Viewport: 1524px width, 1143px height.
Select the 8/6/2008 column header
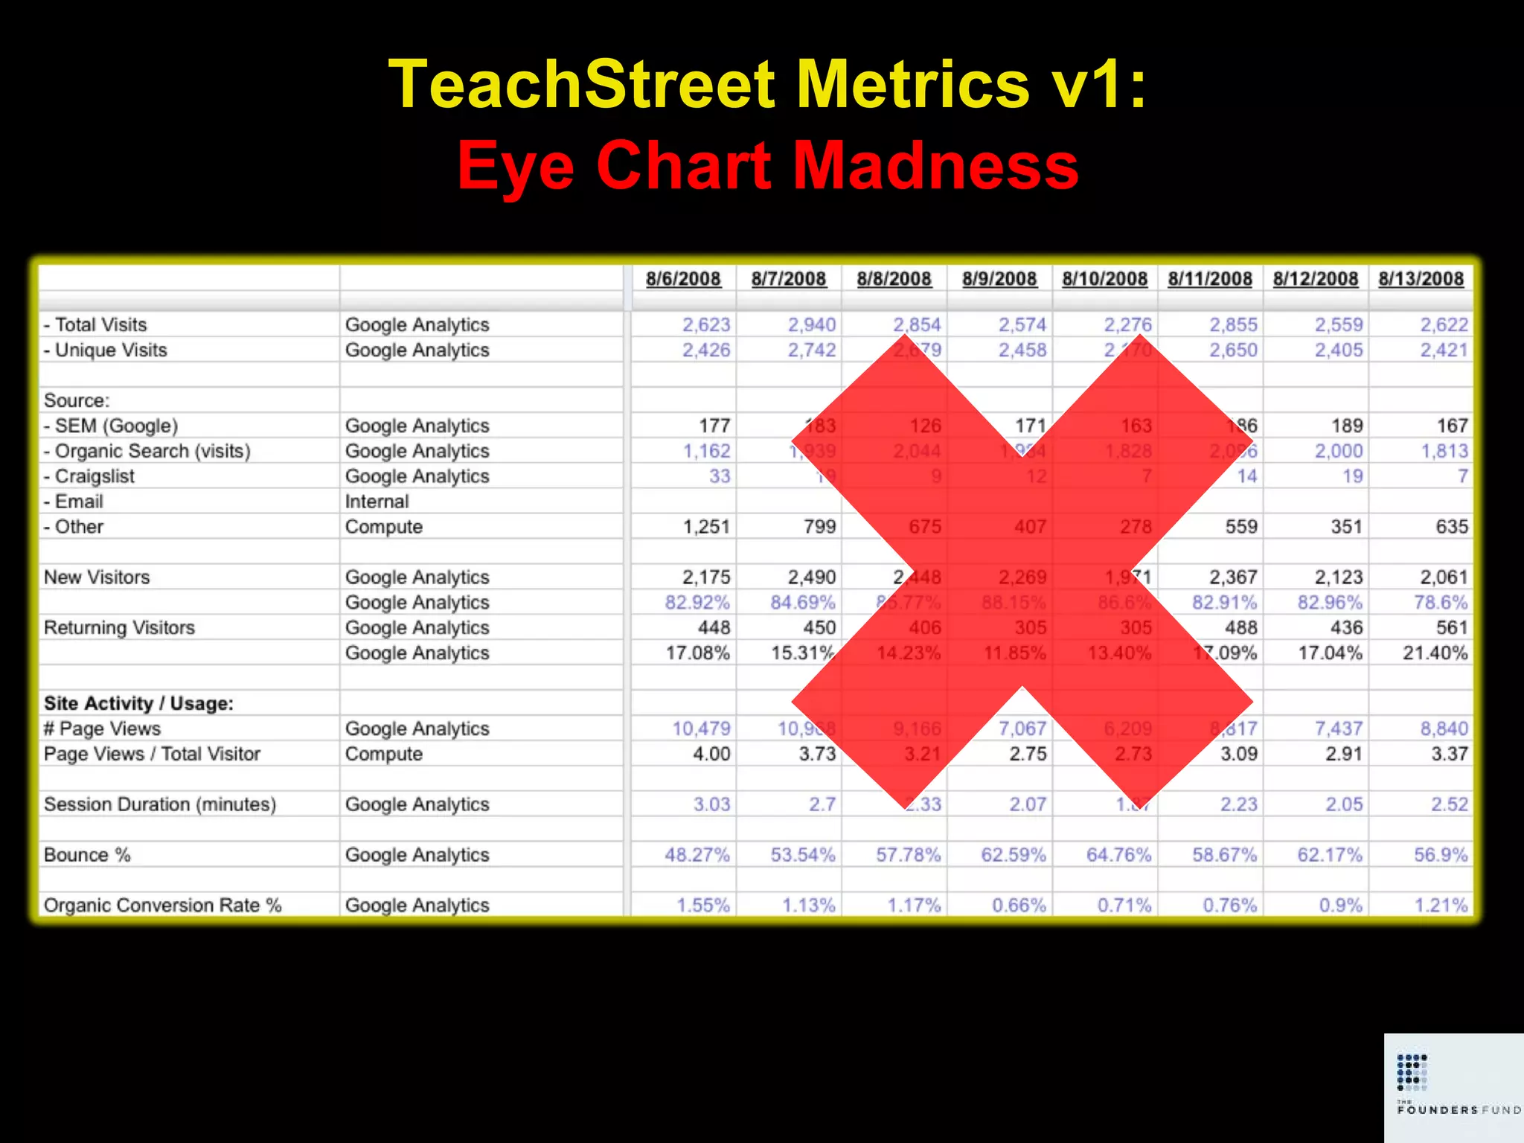683,279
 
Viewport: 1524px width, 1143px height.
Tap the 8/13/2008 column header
1421,279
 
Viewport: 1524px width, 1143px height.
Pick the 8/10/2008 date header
1104,279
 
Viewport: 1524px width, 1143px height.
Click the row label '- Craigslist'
89,476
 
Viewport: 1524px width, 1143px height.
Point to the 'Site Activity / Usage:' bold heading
138,703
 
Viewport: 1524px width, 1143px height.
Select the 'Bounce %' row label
87,855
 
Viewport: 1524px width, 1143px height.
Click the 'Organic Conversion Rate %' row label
162,906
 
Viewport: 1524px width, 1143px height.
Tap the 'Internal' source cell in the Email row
377,502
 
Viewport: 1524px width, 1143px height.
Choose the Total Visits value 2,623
706,325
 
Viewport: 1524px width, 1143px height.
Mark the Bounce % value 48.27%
697,855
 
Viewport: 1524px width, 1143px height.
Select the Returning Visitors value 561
1452,628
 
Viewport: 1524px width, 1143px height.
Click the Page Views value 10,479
701,729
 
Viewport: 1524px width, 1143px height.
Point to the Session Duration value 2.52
1449,804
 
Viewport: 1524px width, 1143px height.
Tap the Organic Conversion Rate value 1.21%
1441,906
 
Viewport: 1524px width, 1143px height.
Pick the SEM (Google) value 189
1347,426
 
